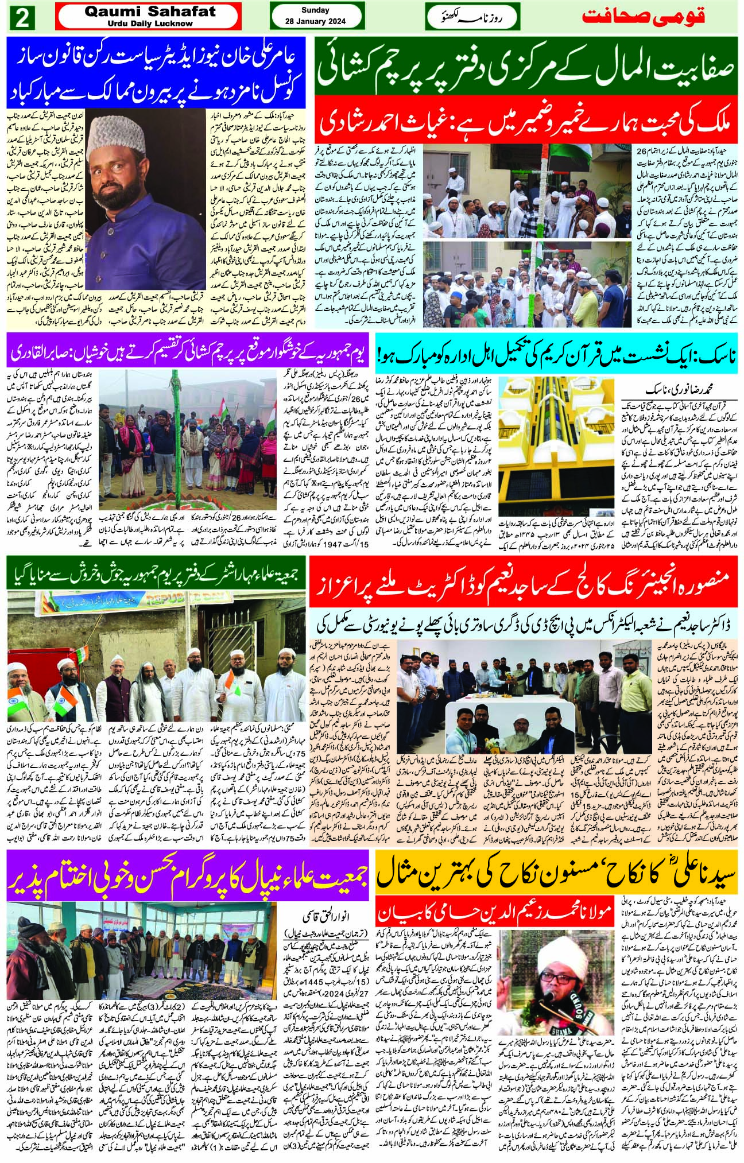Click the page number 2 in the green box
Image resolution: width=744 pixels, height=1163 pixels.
[24, 17]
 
